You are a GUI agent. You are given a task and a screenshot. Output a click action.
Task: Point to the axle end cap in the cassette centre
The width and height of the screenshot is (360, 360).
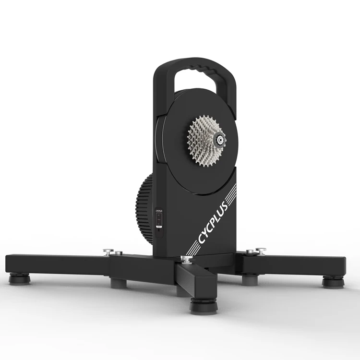pyautogui.click(x=220, y=140)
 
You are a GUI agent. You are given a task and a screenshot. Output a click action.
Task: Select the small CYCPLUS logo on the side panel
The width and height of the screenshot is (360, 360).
pyautogui.click(x=159, y=210)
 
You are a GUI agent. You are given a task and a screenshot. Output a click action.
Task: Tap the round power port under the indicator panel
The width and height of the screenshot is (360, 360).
pyautogui.click(x=159, y=229)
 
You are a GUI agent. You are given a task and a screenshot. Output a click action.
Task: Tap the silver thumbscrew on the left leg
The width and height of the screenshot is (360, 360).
pyautogui.click(x=108, y=251)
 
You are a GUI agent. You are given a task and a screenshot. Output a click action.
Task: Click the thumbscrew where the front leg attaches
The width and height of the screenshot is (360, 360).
pyautogui.click(x=184, y=260)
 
